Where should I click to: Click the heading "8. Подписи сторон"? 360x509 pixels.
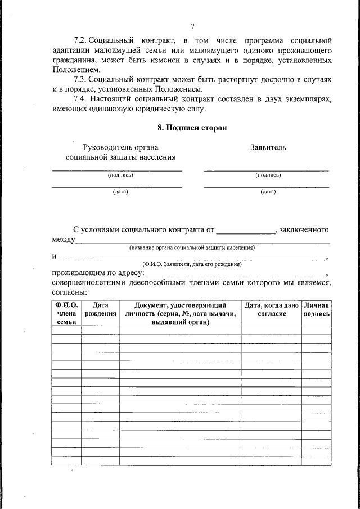pyautogui.click(x=192, y=128)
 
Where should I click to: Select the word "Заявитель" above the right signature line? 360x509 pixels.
pyautogui.click(x=268, y=147)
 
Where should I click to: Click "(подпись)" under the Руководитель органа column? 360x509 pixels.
pyautogui.click(x=120, y=175)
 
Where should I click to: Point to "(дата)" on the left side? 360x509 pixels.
pyautogui.click(x=120, y=192)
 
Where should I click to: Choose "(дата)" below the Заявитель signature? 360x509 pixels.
pyautogui.click(x=268, y=192)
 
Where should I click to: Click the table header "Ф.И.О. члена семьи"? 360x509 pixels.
pyautogui.click(x=66, y=313)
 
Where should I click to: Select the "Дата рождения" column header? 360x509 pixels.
pyautogui.click(x=100, y=309)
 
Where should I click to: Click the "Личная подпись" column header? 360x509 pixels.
pyautogui.click(x=316, y=309)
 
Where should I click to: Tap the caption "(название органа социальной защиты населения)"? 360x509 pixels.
pyautogui.click(x=192, y=247)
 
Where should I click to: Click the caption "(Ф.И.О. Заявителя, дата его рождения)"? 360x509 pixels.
pyautogui.click(x=192, y=264)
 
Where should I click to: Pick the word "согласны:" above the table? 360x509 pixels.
pyautogui.click(x=70, y=292)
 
